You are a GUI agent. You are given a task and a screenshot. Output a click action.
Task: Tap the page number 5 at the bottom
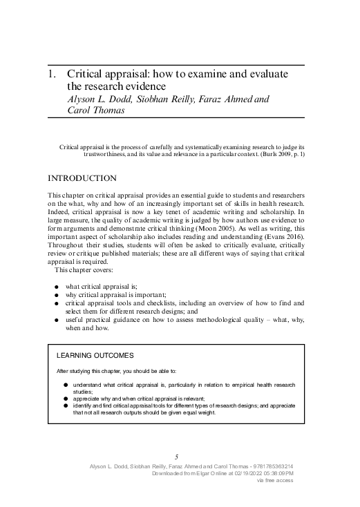tap(177, 457)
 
